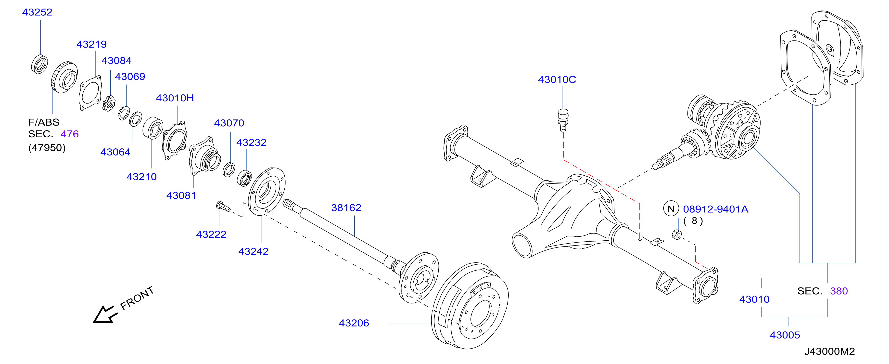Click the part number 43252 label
pyautogui.click(x=37, y=12)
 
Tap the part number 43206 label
pyautogui.click(x=354, y=323)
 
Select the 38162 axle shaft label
pyautogui.click(x=346, y=208)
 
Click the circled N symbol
pyautogui.click(x=671, y=209)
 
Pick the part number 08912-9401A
pyautogui.click(x=715, y=209)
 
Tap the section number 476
pyautogui.click(x=70, y=134)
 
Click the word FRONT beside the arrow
pyautogui.click(x=137, y=298)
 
